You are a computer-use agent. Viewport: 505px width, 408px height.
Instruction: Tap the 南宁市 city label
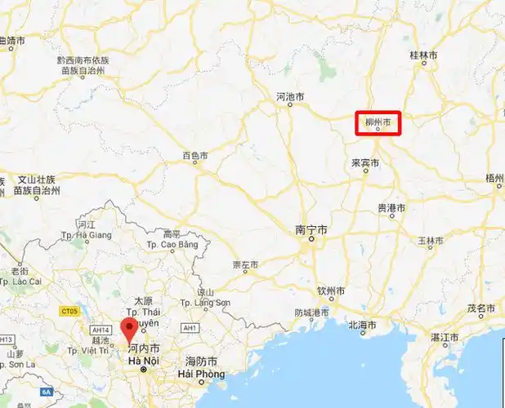click(x=311, y=231)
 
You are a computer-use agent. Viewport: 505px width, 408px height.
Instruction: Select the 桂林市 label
click(x=423, y=55)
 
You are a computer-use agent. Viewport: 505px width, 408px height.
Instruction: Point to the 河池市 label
click(x=291, y=96)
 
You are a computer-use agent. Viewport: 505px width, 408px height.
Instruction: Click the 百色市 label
click(x=194, y=155)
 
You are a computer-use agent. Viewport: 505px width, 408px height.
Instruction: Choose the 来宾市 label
click(x=365, y=163)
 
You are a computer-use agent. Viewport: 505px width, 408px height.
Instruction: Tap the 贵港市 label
click(x=391, y=209)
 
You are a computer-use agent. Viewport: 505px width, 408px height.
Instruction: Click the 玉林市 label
click(x=430, y=242)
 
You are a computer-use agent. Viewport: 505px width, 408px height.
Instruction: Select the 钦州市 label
click(x=331, y=290)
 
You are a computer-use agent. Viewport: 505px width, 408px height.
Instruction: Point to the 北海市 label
click(x=362, y=325)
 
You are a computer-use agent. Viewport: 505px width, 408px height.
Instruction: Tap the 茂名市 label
click(x=481, y=308)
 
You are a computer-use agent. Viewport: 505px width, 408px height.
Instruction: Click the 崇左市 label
click(x=245, y=265)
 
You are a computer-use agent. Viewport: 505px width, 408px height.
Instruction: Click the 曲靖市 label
click(x=12, y=40)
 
